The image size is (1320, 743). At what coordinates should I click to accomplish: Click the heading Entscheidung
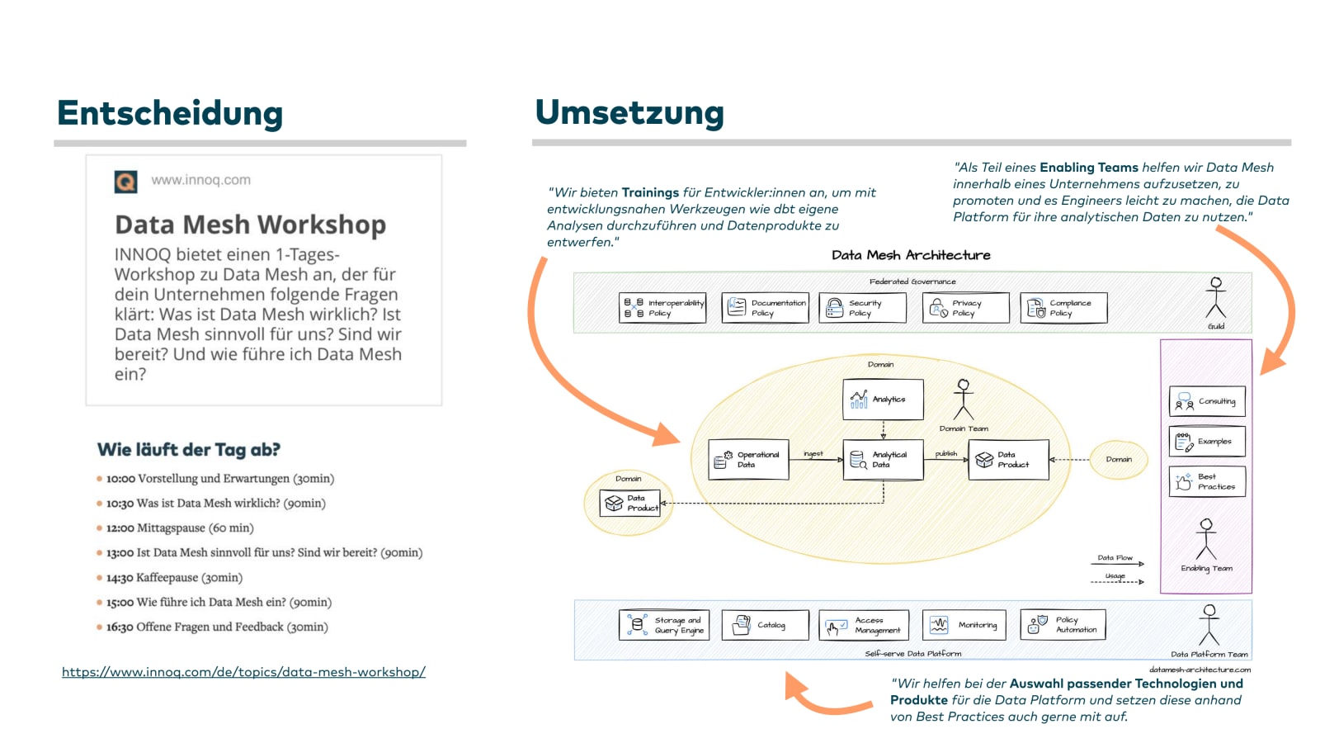[x=170, y=113]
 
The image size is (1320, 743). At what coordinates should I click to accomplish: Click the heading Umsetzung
[x=629, y=112]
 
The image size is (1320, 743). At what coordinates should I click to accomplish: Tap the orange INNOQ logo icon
[x=125, y=181]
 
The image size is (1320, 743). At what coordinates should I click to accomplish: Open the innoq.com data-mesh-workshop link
[x=243, y=672]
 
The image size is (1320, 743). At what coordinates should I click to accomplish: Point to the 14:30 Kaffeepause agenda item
[x=174, y=577]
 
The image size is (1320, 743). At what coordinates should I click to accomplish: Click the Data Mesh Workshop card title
[x=250, y=225]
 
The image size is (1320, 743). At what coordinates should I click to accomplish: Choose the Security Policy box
[x=862, y=308]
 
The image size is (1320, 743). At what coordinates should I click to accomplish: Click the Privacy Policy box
[x=965, y=308]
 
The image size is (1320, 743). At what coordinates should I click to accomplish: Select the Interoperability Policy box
[x=662, y=308]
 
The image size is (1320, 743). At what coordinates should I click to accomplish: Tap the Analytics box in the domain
[x=883, y=400]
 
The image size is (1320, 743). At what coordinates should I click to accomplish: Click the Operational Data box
[x=748, y=460]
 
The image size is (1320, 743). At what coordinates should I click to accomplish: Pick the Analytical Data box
[x=883, y=460]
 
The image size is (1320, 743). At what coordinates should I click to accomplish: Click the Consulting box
[x=1207, y=402]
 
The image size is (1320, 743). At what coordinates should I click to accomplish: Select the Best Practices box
[x=1207, y=481]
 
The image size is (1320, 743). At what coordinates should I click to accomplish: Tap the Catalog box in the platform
[x=764, y=625]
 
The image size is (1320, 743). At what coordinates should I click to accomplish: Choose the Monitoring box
[x=964, y=625]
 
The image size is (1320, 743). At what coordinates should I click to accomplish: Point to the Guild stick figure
[x=1215, y=298]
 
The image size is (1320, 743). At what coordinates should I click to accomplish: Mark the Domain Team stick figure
[x=963, y=400]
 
